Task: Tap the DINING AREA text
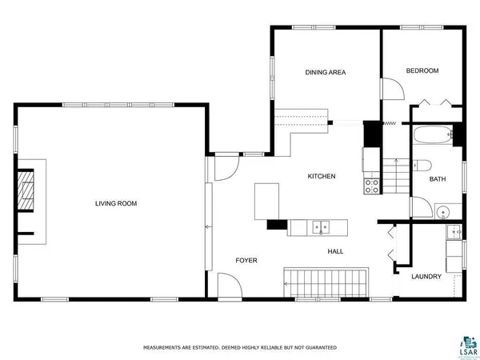[x=325, y=72]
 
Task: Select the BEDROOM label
[x=422, y=71]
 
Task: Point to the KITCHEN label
[x=322, y=176]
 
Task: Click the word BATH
[x=437, y=179]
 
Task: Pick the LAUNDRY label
[x=426, y=277]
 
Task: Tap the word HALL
[x=335, y=251]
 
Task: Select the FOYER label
[x=246, y=261]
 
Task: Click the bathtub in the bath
[x=433, y=135]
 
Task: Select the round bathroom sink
[x=442, y=211]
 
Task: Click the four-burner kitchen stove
[x=372, y=186]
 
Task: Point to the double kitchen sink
[x=321, y=227]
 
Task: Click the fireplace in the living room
[x=30, y=191]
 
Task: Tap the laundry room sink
[x=454, y=233]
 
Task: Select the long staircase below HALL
[x=324, y=281]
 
